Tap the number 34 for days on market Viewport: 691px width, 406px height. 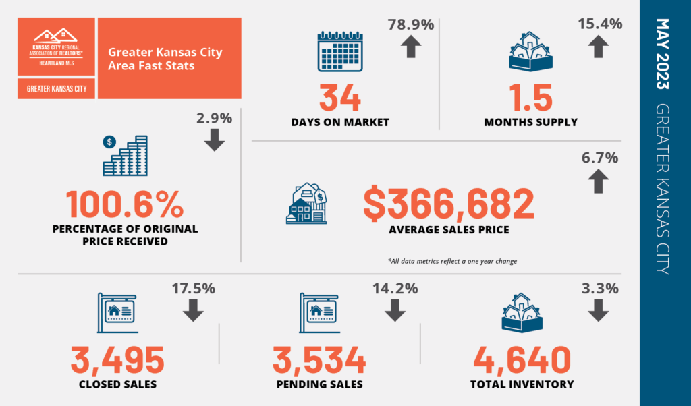(341, 97)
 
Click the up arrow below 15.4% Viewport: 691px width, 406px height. (597, 48)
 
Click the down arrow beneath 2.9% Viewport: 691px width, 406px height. (215, 140)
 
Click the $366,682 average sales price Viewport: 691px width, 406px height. (449, 204)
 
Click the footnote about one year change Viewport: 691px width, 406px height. (452, 260)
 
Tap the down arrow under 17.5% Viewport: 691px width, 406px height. (194, 310)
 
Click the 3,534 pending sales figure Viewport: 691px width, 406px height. (319, 360)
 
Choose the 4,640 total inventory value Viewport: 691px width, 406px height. (522, 360)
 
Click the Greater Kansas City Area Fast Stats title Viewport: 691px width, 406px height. (165, 59)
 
